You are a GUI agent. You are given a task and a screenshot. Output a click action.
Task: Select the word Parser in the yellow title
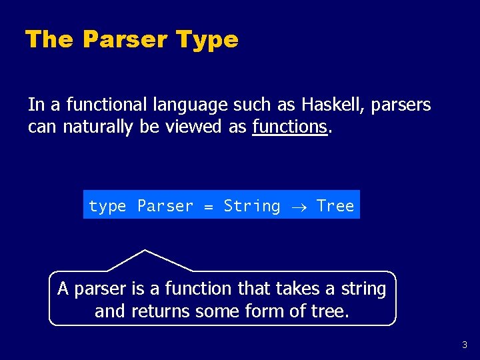pos(125,40)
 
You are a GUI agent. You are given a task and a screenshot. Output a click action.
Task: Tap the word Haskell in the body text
pos(332,105)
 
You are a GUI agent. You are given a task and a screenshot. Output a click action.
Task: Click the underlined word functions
pos(289,127)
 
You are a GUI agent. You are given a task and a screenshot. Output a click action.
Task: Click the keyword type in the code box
pos(107,206)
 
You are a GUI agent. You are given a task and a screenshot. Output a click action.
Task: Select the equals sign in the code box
pos(208,206)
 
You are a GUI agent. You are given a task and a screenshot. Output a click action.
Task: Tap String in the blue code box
pos(252,206)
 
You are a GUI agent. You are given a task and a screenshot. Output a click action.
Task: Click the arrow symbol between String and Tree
pos(298,207)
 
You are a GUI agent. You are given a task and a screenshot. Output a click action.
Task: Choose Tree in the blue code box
pos(335,206)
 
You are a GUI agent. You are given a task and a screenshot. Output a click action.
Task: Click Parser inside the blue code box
pos(165,206)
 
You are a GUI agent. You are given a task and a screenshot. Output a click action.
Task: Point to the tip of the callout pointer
pos(145,251)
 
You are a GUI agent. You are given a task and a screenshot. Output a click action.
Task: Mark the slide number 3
pos(465,345)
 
